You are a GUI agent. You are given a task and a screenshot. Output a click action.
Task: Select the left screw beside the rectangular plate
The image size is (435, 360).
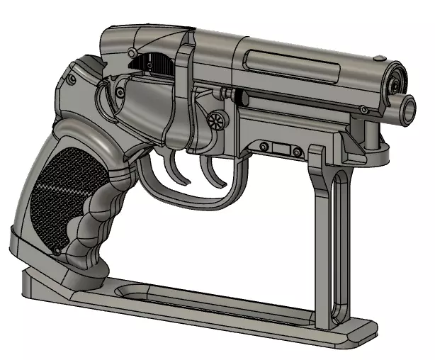[x=264, y=147]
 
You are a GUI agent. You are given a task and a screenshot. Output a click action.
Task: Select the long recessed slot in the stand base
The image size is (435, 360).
[x=213, y=298]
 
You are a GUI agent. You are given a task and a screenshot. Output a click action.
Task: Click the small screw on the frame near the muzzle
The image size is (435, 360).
[x=363, y=109]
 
